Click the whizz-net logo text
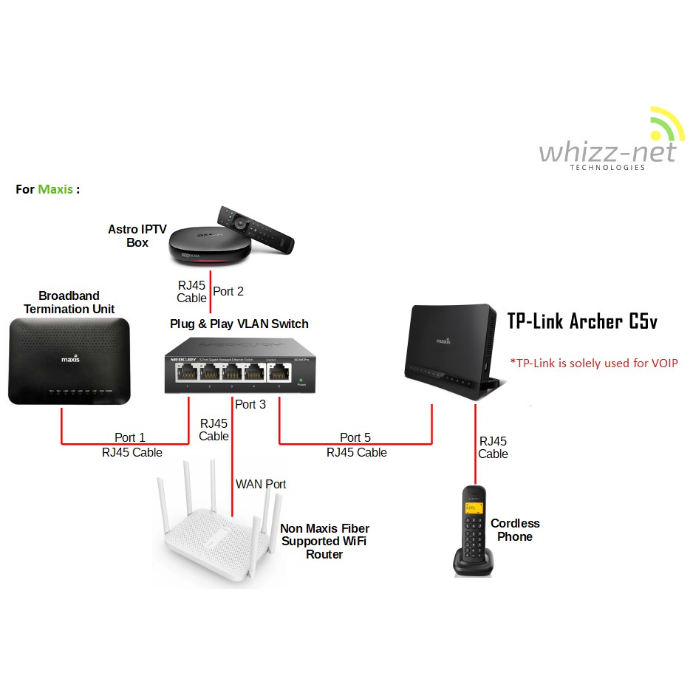pyautogui.click(x=607, y=151)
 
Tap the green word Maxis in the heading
pyautogui.click(x=55, y=189)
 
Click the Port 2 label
pyautogui.click(x=228, y=291)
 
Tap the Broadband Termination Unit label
pyautogui.click(x=69, y=302)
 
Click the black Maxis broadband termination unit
pyautogui.click(x=69, y=361)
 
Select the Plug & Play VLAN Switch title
pyautogui.click(x=239, y=324)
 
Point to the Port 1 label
pyautogui.click(x=130, y=437)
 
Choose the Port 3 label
pyautogui.click(x=250, y=404)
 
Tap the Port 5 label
pyautogui.click(x=355, y=437)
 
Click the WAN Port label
pyautogui.click(x=261, y=484)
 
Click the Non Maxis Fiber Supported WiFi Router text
pyautogui.click(x=324, y=541)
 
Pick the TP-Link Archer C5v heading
pyautogui.click(x=581, y=321)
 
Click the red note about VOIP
pyautogui.click(x=593, y=363)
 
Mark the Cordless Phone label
pyautogui.click(x=515, y=530)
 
